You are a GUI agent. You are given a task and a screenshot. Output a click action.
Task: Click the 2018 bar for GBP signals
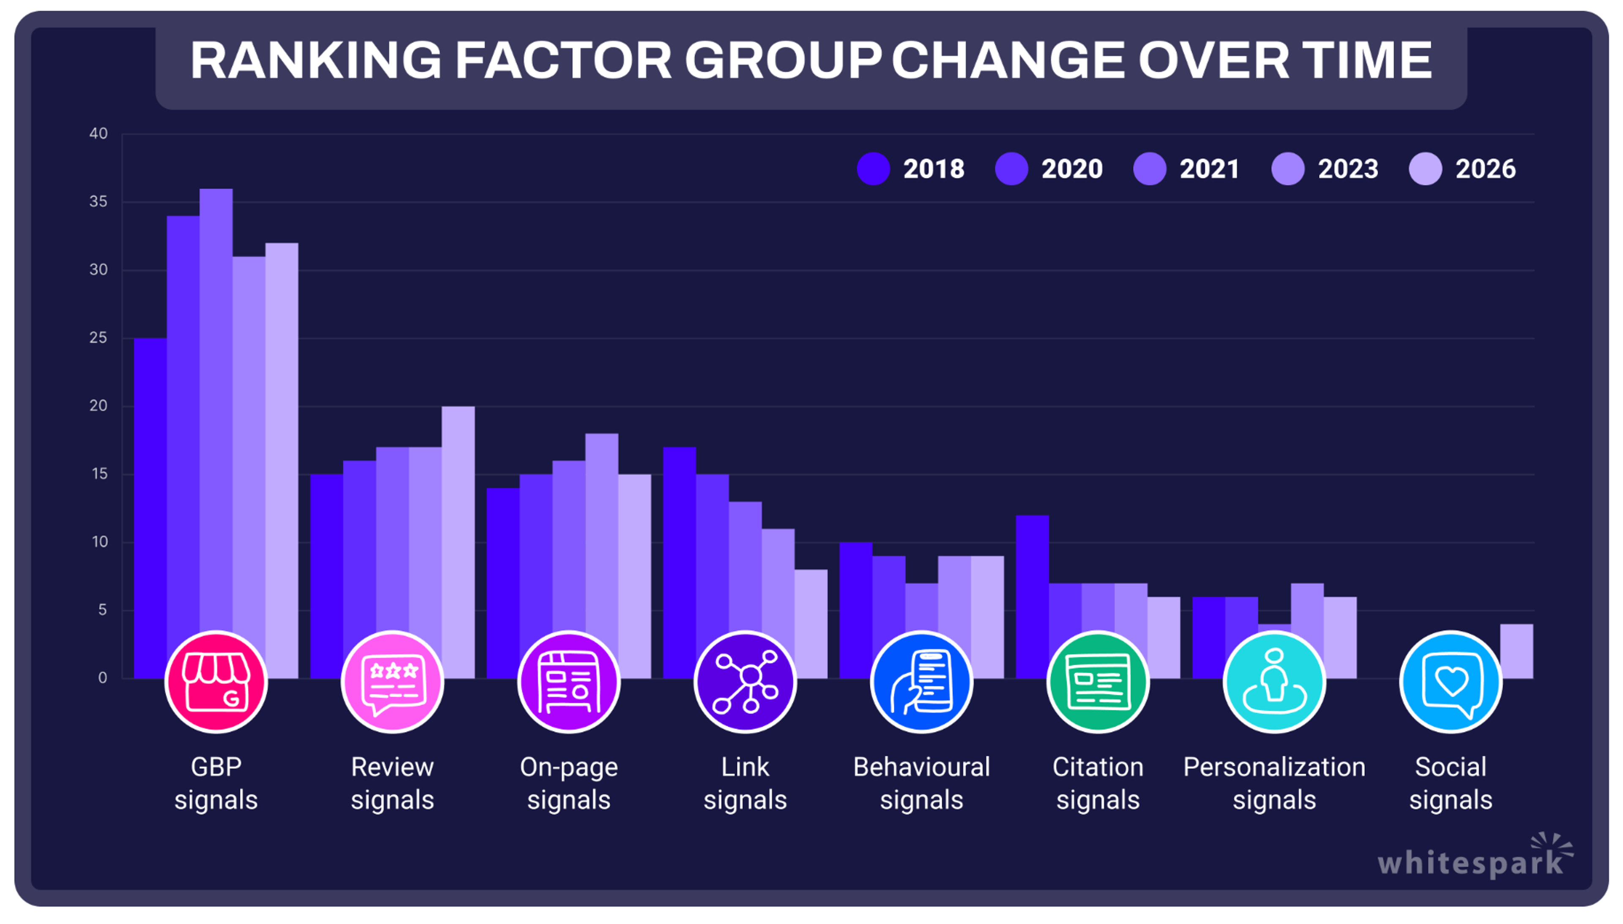click(150, 482)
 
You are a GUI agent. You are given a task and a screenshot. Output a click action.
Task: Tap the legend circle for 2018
click(873, 169)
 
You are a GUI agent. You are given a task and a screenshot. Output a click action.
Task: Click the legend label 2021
click(1209, 169)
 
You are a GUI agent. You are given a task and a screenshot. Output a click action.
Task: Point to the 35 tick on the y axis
click(98, 202)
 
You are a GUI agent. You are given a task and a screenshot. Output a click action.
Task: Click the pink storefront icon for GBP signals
click(216, 682)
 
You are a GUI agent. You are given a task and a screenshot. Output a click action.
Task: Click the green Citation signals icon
click(1098, 682)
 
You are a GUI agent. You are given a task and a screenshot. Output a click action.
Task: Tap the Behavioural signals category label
click(921, 783)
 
